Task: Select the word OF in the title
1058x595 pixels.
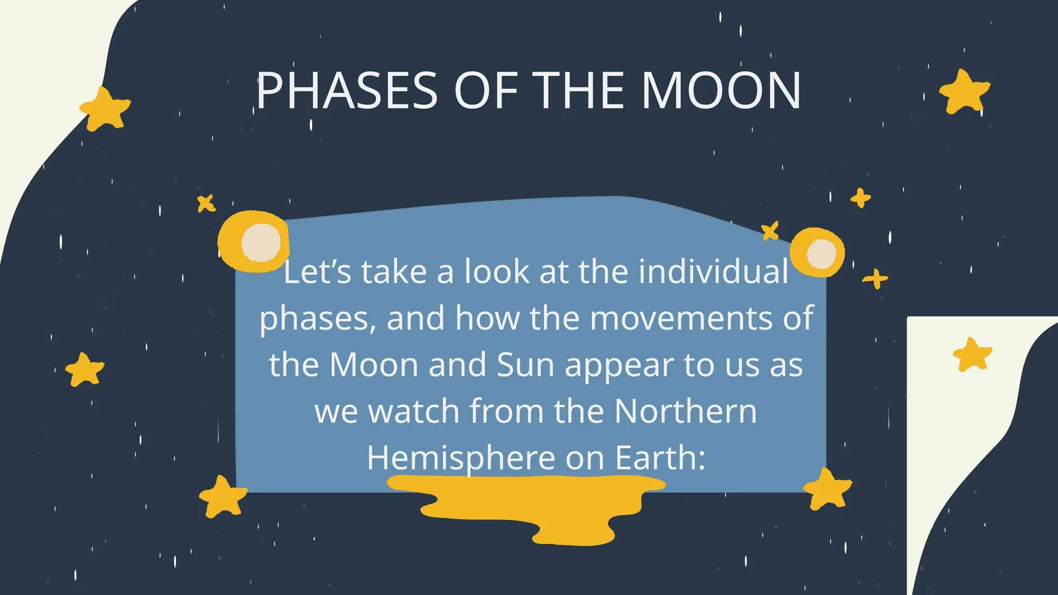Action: coord(486,91)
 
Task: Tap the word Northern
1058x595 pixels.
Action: coord(686,411)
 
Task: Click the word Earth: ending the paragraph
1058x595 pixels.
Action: coord(660,458)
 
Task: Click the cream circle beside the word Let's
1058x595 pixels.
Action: coord(261,242)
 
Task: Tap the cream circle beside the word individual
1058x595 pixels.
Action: coord(821,254)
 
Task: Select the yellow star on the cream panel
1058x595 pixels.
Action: coord(972,355)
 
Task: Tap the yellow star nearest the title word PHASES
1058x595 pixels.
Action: coord(105,109)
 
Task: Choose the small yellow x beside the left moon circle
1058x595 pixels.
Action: coord(206,203)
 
